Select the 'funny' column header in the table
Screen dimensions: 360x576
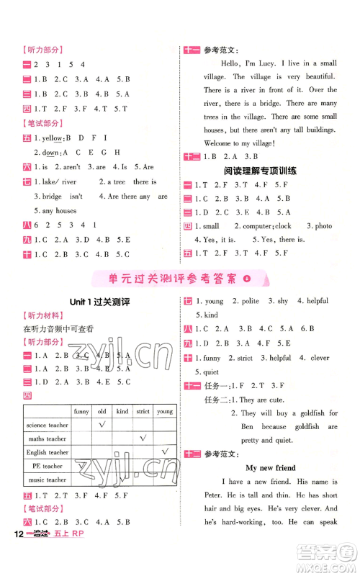point(81,411)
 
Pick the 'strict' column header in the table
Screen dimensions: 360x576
point(143,411)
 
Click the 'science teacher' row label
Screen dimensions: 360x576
point(48,425)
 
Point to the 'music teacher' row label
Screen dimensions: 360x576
point(48,480)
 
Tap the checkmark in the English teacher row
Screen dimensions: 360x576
point(165,451)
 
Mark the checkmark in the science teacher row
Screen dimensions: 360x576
point(102,424)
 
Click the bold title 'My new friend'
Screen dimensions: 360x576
point(270,467)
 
